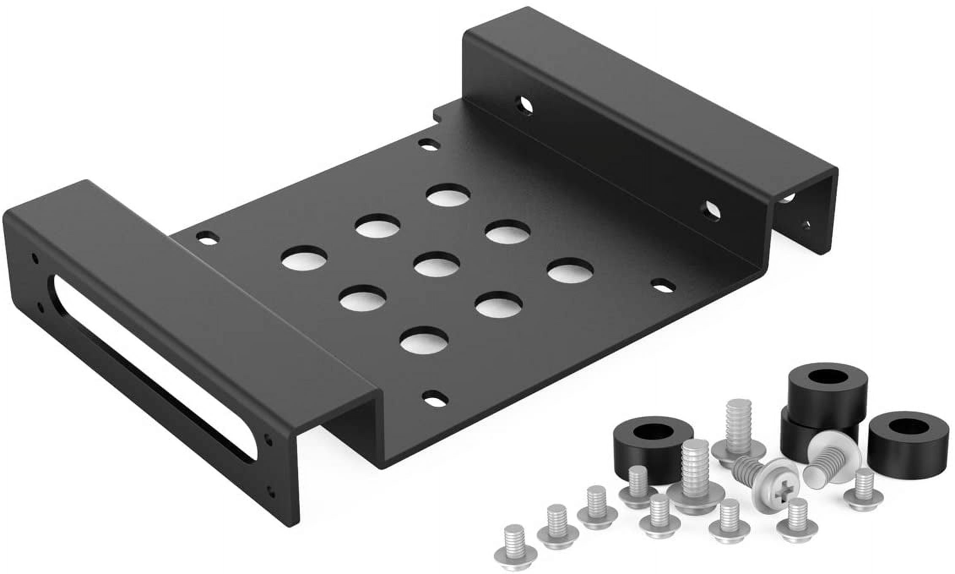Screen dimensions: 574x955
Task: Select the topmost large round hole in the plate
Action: click(448, 195)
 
